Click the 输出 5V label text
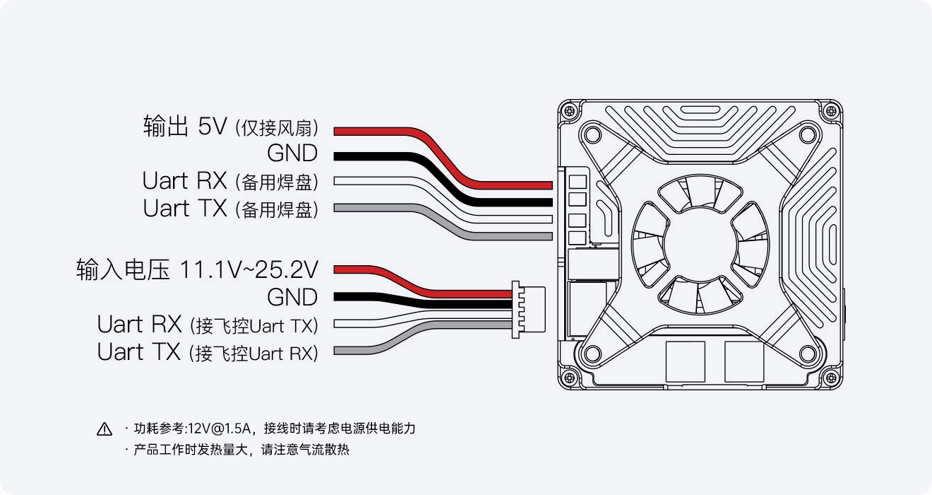pyautogui.click(x=185, y=127)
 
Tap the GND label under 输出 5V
pyautogui.click(x=292, y=153)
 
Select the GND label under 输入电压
pyautogui.click(x=292, y=297)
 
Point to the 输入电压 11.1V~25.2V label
pyautogui.click(x=197, y=269)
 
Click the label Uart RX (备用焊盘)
pyautogui.click(x=230, y=181)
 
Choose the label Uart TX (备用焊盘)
pyautogui.click(x=230, y=209)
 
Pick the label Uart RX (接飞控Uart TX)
pyautogui.click(x=208, y=325)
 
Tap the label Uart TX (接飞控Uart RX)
pyautogui.click(x=208, y=352)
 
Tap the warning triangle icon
pyautogui.click(x=104, y=429)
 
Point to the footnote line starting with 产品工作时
pyautogui.click(x=241, y=450)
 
